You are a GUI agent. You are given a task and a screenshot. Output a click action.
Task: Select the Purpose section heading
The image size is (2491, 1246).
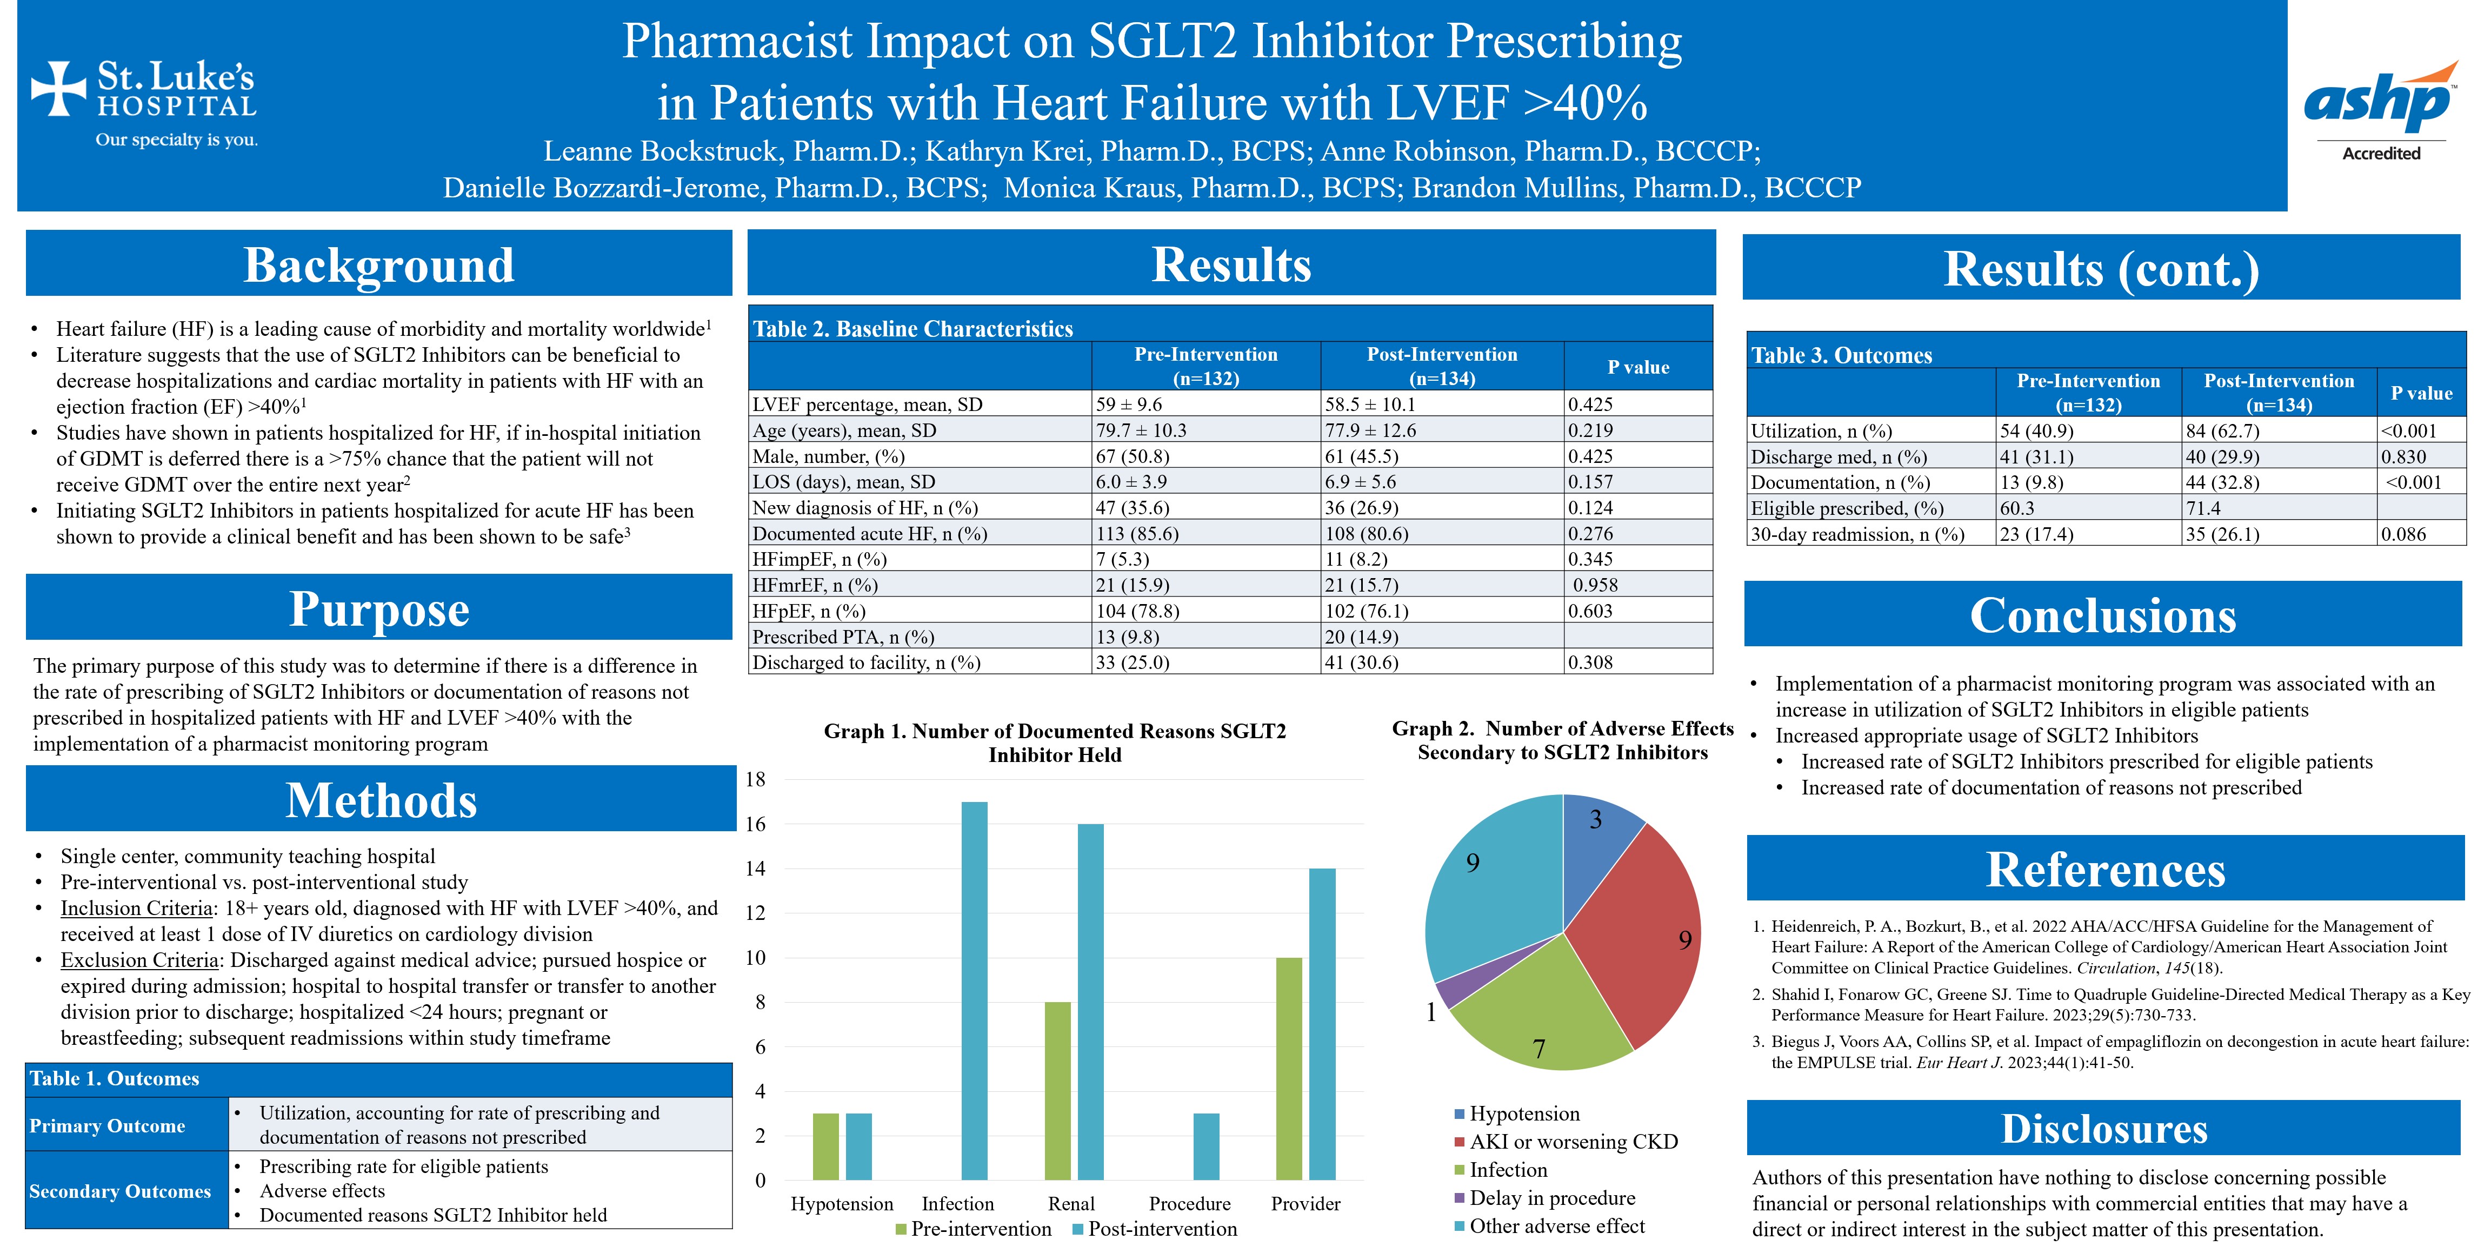click(379, 609)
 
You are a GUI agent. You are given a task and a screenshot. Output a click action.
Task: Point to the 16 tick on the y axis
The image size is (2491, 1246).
click(755, 824)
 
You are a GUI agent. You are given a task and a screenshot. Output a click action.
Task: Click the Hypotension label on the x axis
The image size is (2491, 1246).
click(841, 1203)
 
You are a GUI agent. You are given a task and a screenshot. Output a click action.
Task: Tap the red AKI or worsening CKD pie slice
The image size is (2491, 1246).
click(1639, 933)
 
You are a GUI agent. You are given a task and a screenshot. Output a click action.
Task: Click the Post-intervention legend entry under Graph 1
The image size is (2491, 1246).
click(1161, 1229)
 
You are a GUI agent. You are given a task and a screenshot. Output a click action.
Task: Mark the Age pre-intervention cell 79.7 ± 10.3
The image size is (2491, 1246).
click(1141, 430)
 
